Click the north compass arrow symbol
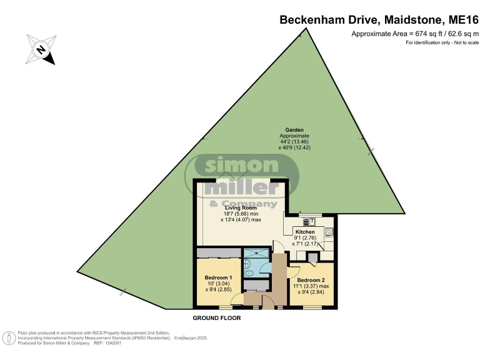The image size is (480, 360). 41,49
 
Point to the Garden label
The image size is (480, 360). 294,130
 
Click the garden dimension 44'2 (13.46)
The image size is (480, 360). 294,142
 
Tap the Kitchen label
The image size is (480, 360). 305,232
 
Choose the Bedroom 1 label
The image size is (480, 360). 219,277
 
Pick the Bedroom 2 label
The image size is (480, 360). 311,280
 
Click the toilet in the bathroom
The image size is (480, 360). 249,272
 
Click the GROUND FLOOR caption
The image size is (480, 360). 217,318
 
